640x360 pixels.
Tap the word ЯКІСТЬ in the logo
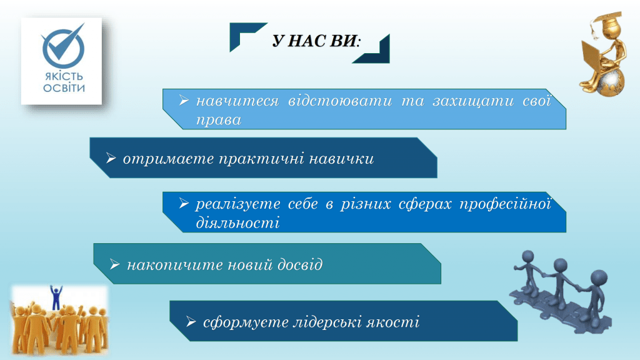click(x=64, y=76)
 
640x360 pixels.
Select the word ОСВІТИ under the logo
click(x=64, y=87)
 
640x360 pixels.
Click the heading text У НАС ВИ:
click(x=316, y=41)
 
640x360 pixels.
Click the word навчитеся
click(x=237, y=101)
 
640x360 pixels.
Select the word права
click(x=219, y=121)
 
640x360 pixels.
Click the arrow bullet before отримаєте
click(x=111, y=158)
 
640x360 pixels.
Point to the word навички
click(x=341, y=159)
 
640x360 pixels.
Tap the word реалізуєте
click(x=238, y=204)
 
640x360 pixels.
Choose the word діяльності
click(x=237, y=223)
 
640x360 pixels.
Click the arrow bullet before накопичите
click(x=115, y=264)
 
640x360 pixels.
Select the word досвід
click(x=300, y=265)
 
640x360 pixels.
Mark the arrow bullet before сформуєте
click(x=191, y=322)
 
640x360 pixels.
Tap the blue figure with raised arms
click(x=56, y=297)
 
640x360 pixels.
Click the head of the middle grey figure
click(x=561, y=265)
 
